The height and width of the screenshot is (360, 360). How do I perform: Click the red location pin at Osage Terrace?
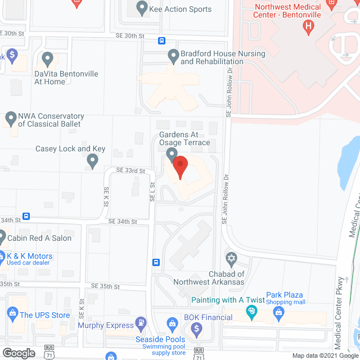point(179,168)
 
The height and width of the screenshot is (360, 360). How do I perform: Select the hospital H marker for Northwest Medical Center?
point(308,26)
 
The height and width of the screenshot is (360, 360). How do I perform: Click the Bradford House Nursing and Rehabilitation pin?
point(173,56)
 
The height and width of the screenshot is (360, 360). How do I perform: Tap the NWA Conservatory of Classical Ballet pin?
point(10,119)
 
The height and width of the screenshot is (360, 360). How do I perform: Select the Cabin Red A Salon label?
point(39,238)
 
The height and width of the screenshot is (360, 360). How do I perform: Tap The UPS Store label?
point(45,315)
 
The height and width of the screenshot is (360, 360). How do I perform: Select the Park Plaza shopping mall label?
point(285,298)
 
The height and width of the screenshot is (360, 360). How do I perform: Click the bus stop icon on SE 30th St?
point(161,40)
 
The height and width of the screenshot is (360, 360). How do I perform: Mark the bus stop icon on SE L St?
point(156,262)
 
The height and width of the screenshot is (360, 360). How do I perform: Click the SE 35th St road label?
point(105,286)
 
